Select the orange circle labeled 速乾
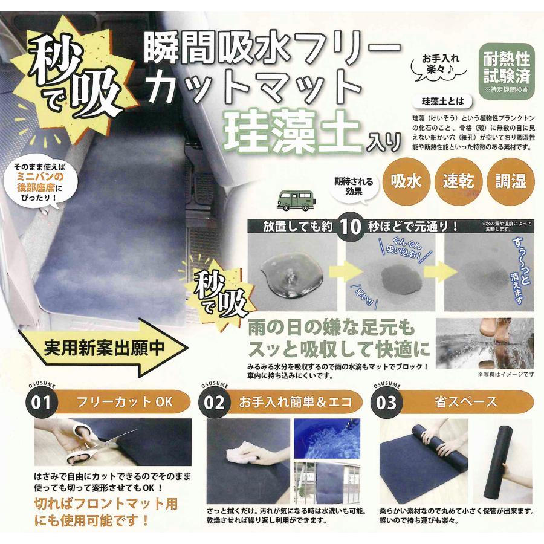(458, 181)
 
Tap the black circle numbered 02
(215, 402)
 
